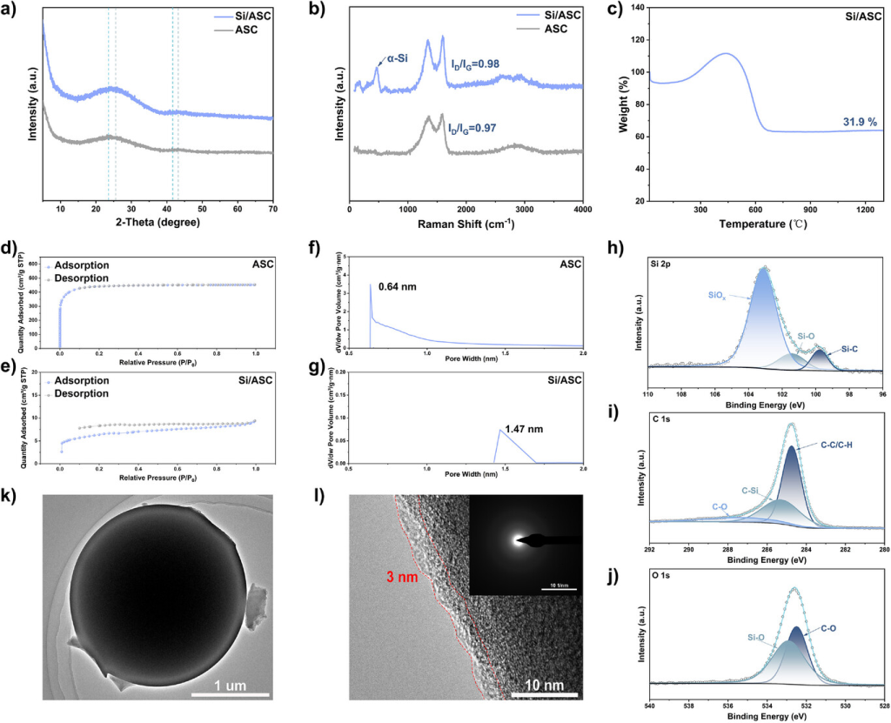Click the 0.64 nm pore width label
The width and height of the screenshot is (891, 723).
click(399, 282)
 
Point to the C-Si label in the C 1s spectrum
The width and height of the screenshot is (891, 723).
click(752, 492)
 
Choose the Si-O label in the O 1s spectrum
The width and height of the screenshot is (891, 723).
click(754, 637)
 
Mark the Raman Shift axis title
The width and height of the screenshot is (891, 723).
click(467, 223)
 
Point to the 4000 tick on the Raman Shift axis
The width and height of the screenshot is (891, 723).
click(582, 210)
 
